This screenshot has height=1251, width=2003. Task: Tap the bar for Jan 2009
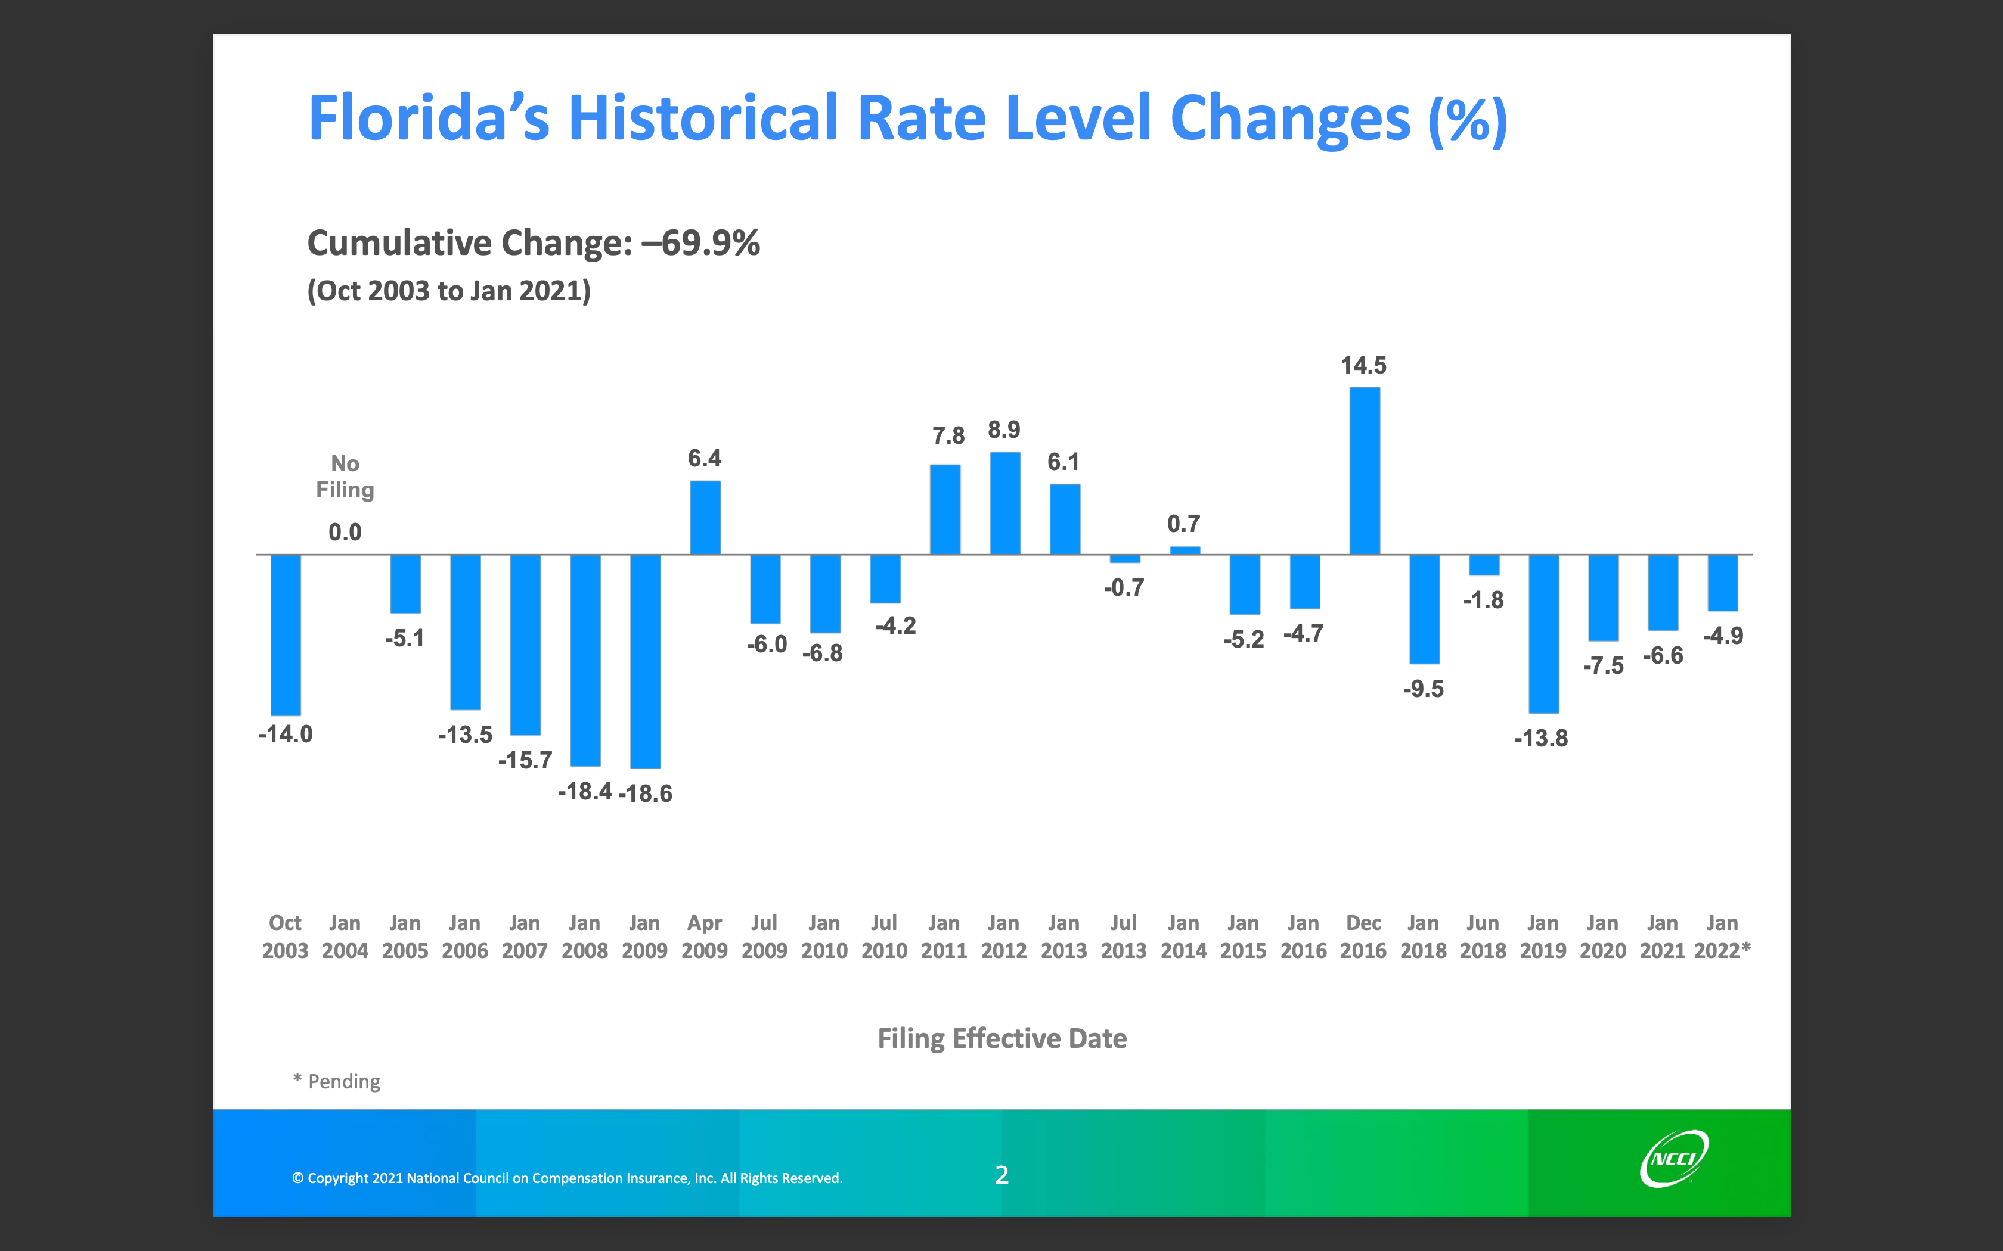tap(645, 661)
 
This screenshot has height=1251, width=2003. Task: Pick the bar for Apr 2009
tap(705, 517)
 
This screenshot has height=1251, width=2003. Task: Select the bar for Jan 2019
tap(1543, 634)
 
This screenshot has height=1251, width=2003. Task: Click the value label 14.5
tap(1363, 365)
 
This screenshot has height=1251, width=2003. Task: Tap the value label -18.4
tap(584, 792)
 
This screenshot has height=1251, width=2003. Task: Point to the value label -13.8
tap(1540, 738)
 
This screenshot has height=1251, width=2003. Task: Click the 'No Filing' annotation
tap(345, 477)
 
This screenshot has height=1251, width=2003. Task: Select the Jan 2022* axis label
tap(1722, 936)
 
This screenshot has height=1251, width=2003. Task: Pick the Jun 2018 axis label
tap(1483, 936)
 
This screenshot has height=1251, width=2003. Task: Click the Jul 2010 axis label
tap(884, 936)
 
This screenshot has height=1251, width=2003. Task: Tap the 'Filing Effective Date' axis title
tap(1001, 1038)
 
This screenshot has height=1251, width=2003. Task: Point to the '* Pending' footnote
tap(337, 1081)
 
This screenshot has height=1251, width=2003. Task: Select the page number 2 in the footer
tap(1001, 1175)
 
